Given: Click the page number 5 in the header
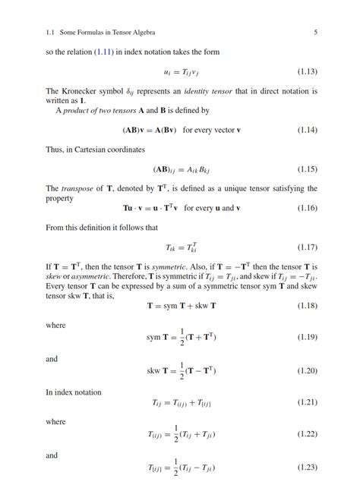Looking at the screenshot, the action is click(314, 33).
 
